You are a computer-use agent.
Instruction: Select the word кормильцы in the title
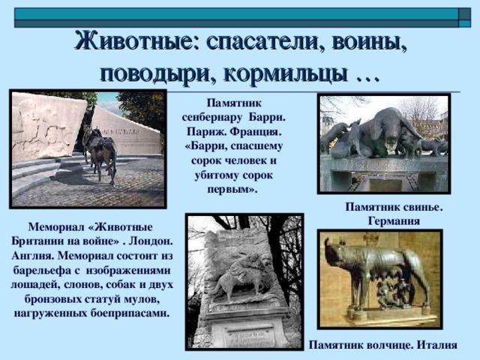[286, 73]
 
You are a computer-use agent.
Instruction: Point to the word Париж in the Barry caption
[205, 132]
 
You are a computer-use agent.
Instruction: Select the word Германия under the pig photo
[394, 221]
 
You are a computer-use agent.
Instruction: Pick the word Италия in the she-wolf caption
[437, 345]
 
